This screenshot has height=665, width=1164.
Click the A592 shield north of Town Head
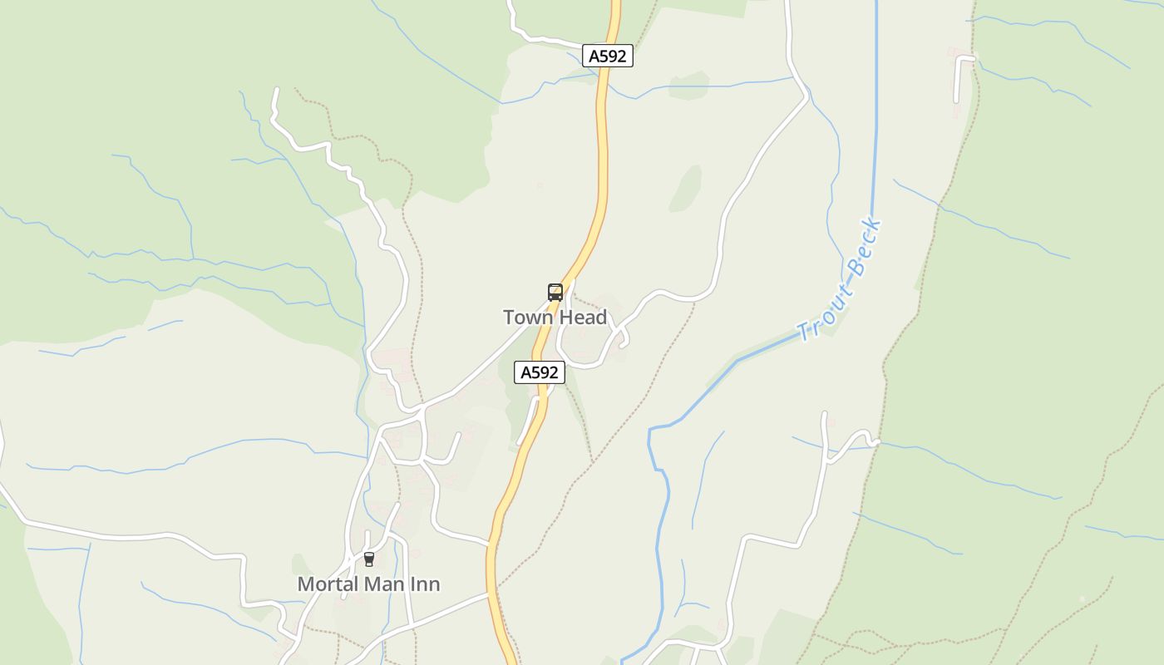click(x=607, y=57)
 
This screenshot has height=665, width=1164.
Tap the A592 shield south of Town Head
click(x=540, y=372)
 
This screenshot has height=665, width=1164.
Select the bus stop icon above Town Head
click(x=555, y=292)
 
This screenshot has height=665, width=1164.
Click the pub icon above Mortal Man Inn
click(x=368, y=559)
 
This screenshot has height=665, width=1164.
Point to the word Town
click(x=529, y=318)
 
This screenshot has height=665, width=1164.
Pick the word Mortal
click(x=326, y=584)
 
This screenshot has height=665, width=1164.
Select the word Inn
click(x=425, y=584)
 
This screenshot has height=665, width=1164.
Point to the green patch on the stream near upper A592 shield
click(x=688, y=86)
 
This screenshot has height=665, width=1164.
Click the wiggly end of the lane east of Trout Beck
click(x=861, y=438)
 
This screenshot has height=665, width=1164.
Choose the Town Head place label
click(x=555, y=318)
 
